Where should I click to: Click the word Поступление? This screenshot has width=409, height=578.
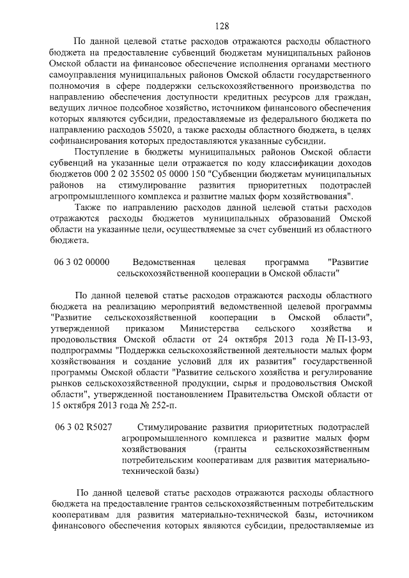104,152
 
